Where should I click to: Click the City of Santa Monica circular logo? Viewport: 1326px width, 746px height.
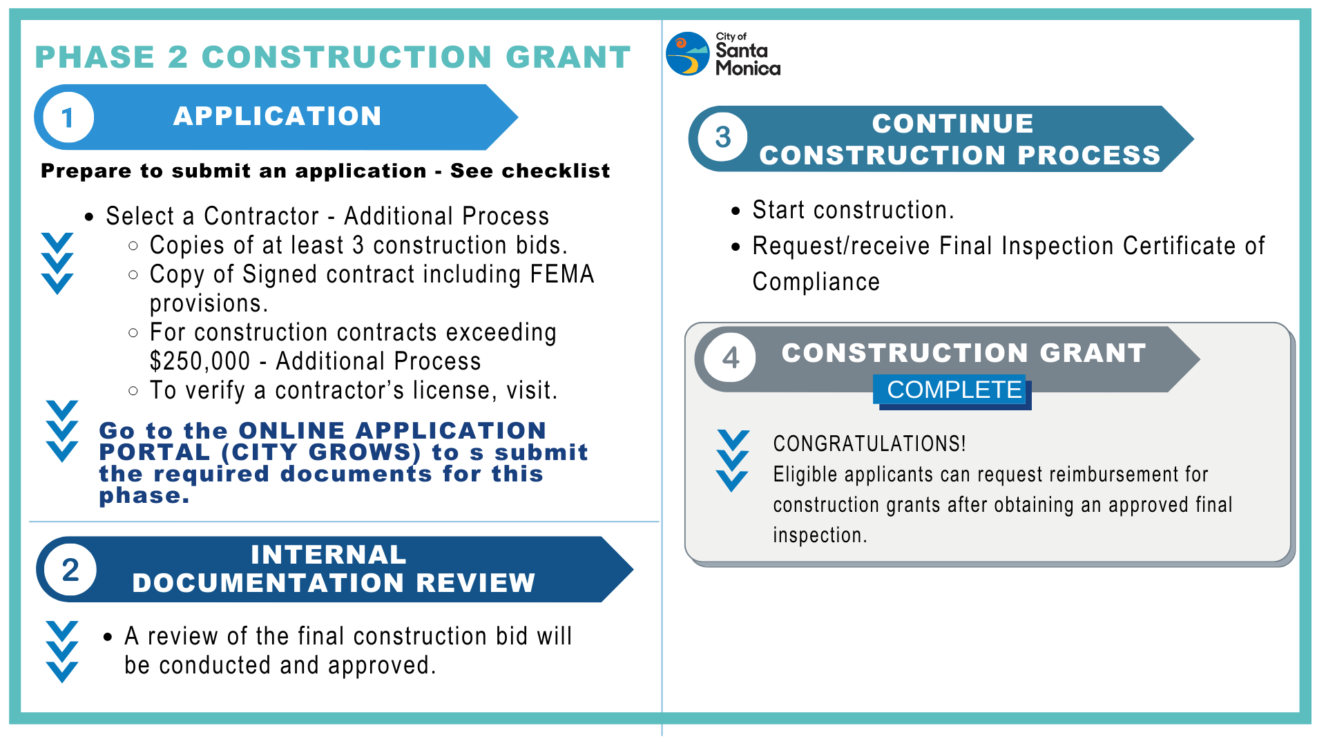(687, 54)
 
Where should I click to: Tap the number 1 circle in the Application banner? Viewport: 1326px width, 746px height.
(68, 117)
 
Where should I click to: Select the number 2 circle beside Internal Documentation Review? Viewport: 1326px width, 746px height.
(70, 570)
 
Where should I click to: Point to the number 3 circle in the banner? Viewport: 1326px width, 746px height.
(722, 137)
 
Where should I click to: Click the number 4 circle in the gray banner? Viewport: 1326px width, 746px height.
(730, 358)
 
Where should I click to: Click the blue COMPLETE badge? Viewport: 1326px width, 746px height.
(953, 390)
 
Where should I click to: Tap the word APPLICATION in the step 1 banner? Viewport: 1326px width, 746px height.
(277, 116)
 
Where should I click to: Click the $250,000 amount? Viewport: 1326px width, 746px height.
(200, 361)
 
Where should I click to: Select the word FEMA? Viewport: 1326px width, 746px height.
(562, 274)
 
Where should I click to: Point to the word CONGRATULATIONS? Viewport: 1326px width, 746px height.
(869, 443)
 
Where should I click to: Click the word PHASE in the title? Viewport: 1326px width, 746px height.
(95, 57)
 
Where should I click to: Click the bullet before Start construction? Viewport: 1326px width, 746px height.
(736, 211)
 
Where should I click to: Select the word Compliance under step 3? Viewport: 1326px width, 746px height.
(816, 282)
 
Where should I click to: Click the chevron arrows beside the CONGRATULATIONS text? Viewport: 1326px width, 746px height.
(732, 460)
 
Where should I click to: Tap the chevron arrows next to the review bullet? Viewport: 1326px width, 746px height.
(61, 651)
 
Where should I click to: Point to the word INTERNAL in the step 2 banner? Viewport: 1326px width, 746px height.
(328, 555)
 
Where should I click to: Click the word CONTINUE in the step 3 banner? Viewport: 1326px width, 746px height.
(952, 124)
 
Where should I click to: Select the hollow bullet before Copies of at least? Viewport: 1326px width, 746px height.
(133, 246)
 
